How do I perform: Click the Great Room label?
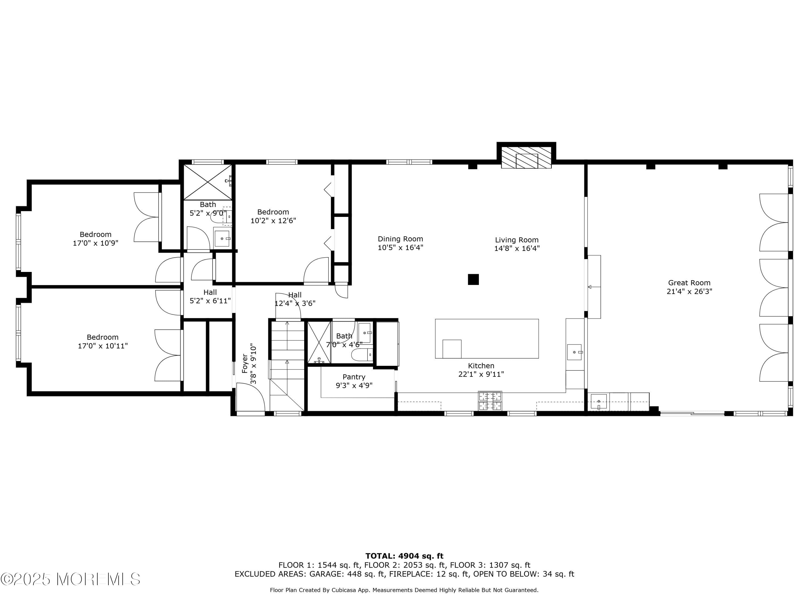pyautogui.click(x=689, y=282)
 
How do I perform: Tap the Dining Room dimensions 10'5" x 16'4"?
pyautogui.click(x=400, y=248)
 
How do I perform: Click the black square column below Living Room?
pyautogui.click(x=473, y=279)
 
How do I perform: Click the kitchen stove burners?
pyautogui.click(x=490, y=401)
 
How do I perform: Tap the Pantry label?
pyautogui.click(x=354, y=377)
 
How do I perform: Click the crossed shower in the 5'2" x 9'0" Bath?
pyautogui.click(x=207, y=182)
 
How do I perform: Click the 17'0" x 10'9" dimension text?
pyautogui.click(x=95, y=243)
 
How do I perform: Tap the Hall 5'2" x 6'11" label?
pyautogui.click(x=210, y=296)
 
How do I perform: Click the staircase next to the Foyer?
pyautogui.click(x=287, y=366)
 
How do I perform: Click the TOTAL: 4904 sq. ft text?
pyautogui.click(x=404, y=556)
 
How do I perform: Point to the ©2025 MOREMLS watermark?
pyautogui.click(x=70, y=579)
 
